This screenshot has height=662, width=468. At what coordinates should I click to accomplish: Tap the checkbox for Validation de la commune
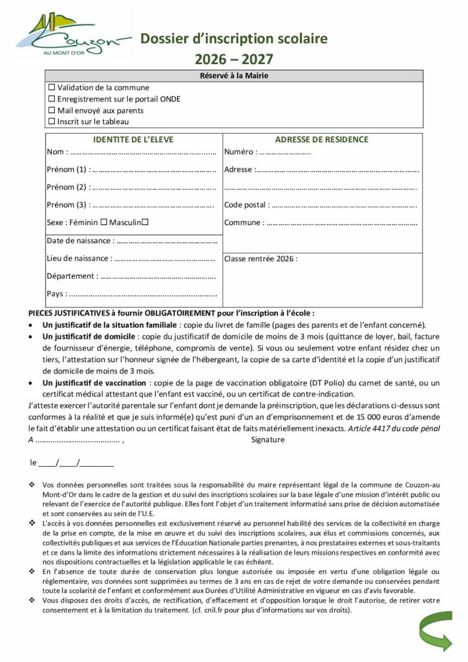52,87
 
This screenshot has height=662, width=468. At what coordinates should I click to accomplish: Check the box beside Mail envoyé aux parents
52,110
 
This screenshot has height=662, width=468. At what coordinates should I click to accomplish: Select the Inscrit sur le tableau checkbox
52,121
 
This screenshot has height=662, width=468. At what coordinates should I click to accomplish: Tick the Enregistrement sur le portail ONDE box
52,99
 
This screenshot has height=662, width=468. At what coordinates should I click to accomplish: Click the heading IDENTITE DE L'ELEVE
133,139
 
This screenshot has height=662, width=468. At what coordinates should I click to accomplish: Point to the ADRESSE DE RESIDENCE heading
321,139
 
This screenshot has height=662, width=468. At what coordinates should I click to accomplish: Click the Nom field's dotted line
142,153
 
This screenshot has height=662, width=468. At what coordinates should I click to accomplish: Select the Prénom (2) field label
67,187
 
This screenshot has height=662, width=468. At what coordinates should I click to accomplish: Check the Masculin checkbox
145,222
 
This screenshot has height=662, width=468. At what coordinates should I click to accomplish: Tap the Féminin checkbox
103,222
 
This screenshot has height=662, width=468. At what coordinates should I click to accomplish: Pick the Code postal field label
246,205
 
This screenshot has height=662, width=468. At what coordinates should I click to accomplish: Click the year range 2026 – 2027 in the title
234,59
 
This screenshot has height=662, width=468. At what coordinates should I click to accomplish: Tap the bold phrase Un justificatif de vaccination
94,383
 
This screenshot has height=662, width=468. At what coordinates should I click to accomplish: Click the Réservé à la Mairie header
233,76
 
